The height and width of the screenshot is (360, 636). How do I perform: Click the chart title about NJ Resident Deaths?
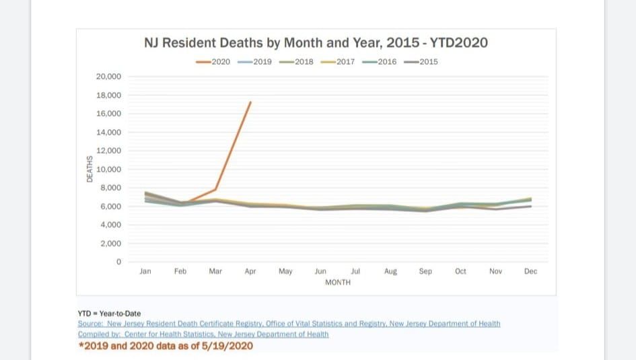[x=316, y=43]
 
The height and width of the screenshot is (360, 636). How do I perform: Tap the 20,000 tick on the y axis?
[x=108, y=77]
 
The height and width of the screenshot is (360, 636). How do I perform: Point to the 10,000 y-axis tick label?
[x=108, y=169]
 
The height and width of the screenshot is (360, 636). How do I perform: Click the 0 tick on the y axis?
[x=118, y=262]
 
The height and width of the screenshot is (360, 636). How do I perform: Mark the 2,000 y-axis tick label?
[x=110, y=243]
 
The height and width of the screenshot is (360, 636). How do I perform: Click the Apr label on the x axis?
[x=250, y=272]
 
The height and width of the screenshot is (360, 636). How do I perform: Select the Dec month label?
[x=530, y=272]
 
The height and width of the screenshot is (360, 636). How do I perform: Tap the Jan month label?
[x=145, y=272]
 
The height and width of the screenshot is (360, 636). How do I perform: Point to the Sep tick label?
[x=425, y=272]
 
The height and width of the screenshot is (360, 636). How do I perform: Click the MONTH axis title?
[x=338, y=283]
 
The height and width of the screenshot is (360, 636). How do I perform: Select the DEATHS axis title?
[x=90, y=169]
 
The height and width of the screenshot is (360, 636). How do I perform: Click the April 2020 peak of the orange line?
[x=250, y=102]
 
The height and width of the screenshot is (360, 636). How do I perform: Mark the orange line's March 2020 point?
[x=215, y=189]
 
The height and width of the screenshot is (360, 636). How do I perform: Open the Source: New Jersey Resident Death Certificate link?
[x=289, y=324]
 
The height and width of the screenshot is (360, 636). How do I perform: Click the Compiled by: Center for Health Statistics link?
[x=203, y=334]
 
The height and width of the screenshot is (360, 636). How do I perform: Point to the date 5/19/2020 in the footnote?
[x=228, y=346]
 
